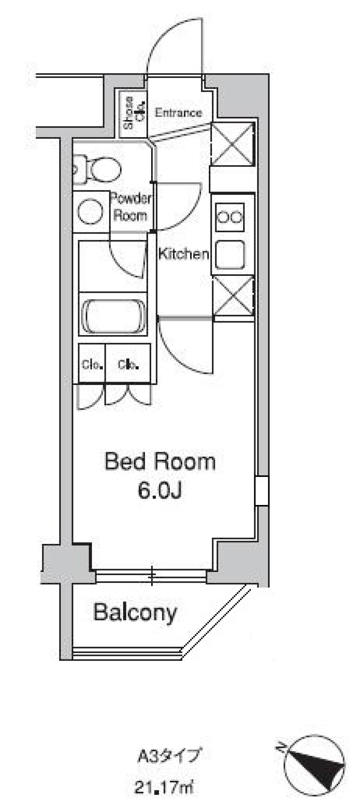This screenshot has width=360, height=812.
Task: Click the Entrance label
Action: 178,112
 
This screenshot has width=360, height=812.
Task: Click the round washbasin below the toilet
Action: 90,213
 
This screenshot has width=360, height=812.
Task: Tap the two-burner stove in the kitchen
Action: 230,217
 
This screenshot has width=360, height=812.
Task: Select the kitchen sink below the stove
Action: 230,255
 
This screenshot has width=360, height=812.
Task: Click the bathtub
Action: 114,316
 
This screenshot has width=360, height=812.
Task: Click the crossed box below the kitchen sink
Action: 233,296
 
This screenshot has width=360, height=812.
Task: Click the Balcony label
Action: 135,613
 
